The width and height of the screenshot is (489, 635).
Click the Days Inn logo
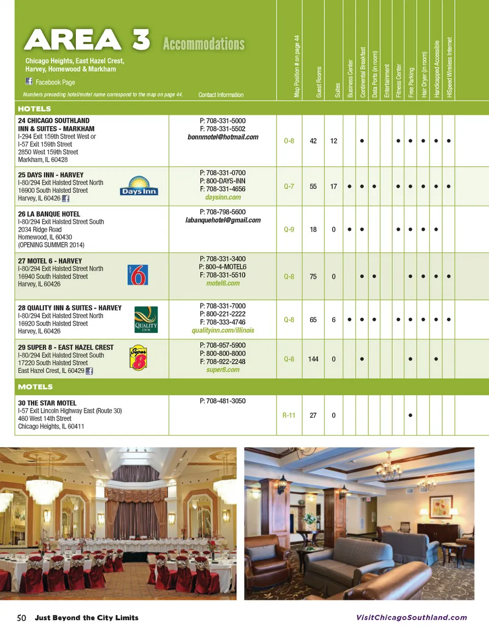pos(139,186)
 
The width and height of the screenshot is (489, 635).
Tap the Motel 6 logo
pos(138,275)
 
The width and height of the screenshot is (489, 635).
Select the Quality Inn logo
pos(146,319)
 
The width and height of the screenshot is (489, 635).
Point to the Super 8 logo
pos(139,358)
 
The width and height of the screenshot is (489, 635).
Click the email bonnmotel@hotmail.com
pos(223,137)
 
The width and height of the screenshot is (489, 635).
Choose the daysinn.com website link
pos(223,197)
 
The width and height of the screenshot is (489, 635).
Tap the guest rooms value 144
pos(313,359)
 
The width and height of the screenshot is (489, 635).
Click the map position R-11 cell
pos(289,415)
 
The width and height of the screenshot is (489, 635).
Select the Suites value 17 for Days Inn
pos(334,187)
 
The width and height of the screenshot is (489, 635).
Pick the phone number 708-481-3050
pos(223,401)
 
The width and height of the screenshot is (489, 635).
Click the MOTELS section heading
pos(35,387)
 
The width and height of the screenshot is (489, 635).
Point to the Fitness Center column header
pos(398,81)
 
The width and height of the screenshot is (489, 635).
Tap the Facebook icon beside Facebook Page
pos(29,82)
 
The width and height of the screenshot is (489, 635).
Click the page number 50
pos(21,618)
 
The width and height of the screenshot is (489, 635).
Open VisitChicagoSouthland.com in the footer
pos(411,618)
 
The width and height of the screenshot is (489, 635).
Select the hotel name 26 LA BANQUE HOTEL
pos(49,214)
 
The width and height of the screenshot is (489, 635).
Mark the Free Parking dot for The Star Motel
pos(411,415)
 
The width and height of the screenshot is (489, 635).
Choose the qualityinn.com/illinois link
pos(223,331)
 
